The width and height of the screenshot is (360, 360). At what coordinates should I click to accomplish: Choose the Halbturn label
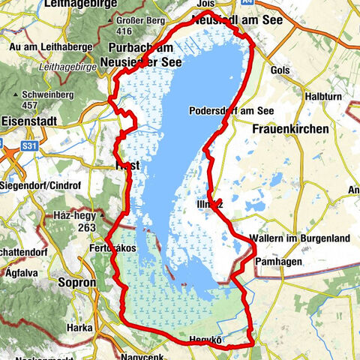(x=323, y=97)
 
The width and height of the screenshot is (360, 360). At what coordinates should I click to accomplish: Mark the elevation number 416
(x=124, y=31)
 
